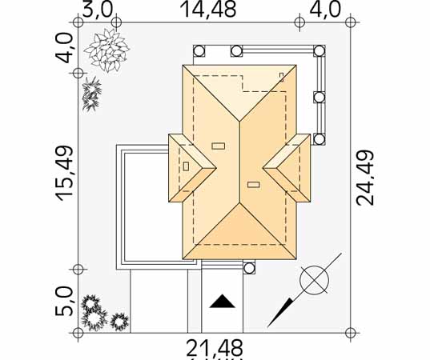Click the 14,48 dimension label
tap(208, 10)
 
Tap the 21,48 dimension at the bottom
tap(215, 348)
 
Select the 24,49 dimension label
tap(365, 178)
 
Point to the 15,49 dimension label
tap(65, 173)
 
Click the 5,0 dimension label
tap(65, 302)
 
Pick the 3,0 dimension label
tap(98, 10)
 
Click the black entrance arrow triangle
tap(222, 302)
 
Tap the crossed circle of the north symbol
tap(314, 280)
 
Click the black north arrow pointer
tap(280, 313)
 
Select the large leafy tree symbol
tap(107, 50)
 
